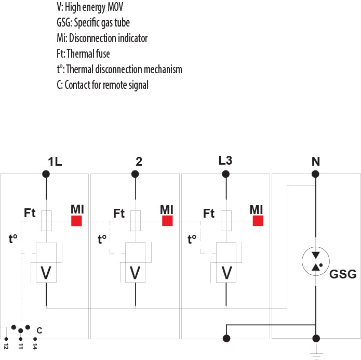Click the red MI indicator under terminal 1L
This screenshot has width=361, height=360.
pyautogui.click(x=77, y=221)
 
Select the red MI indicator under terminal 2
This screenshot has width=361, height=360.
pyautogui.click(x=167, y=221)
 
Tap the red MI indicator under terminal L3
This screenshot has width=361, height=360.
pyautogui.click(x=258, y=221)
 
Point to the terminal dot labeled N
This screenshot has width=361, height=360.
pyautogui.click(x=315, y=174)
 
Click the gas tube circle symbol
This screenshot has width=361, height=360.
pyautogui.click(x=315, y=261)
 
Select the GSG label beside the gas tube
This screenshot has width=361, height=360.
pyautogui.click(x=343, y=274)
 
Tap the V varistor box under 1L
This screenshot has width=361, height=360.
pyautogui.click(x=46, y=272)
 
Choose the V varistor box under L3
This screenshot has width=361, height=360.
pyautogui.click(x=226, y=272)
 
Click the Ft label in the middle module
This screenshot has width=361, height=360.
pyautogui.click(x=119, y=213)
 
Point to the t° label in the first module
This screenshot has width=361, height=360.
pyautogui.click(x=14, y=239)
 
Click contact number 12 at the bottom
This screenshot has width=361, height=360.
pyautogui.click(x=6, y=345)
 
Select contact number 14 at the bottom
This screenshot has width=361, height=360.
pyautogui.click(x=34, y=345)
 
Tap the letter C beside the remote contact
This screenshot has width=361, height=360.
pyautogui.click(x=39, y=330)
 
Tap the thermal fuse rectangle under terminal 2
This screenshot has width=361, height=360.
pyautogui.click(x=136, y=220)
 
